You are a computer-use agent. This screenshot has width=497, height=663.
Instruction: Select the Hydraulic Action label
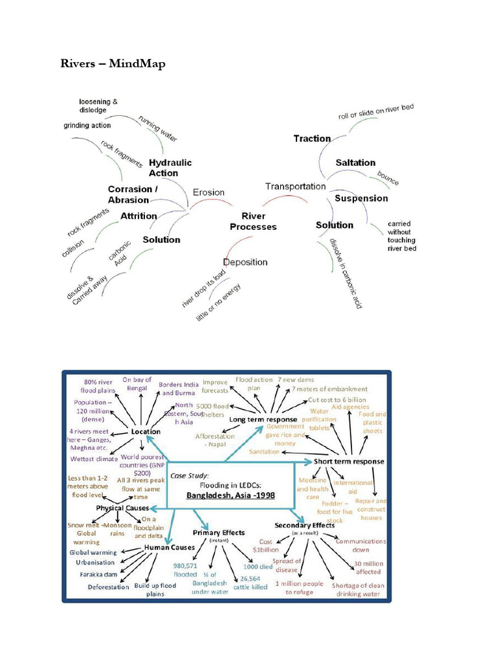coord(170,168)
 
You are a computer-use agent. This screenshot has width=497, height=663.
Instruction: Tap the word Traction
coord(312,138)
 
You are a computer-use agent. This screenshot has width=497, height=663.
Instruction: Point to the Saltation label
coord(355,163)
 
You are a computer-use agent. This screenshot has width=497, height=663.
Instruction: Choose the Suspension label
coord(361,198)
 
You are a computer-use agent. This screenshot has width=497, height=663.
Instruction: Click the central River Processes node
coord(253,221)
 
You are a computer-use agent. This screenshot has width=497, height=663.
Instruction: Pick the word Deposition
coord(245,262)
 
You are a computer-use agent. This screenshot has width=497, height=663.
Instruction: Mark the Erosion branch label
coord(208,192)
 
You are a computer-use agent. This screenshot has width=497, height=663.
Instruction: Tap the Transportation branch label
coord(295,186)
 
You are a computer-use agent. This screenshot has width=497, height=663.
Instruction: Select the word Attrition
coord(138,216)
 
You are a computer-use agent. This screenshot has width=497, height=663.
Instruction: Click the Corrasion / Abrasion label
coord(133,194)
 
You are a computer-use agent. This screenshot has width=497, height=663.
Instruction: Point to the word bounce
coord(388,179)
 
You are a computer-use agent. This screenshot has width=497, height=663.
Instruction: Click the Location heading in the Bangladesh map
coord(146,431)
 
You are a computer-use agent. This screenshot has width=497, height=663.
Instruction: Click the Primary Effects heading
coord(219,532)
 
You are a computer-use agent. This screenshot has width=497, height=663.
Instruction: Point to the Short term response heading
coord(349,462)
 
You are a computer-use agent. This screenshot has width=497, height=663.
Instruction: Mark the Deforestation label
coord(108,587)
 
